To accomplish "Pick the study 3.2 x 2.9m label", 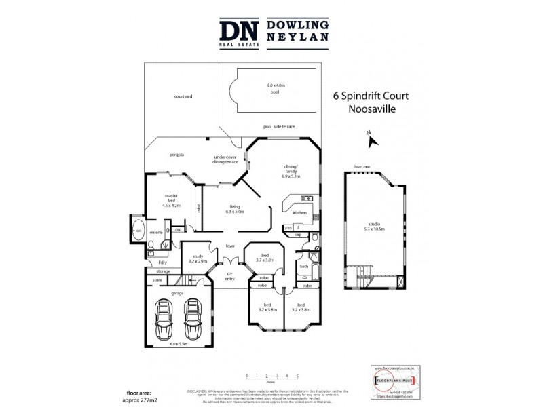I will [x=198, y=258].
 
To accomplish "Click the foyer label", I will [x=231, y=246].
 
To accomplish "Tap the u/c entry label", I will [x=229, y=276].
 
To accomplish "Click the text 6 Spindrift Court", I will [x=370, y=97].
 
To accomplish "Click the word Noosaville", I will [x=370, y=109].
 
